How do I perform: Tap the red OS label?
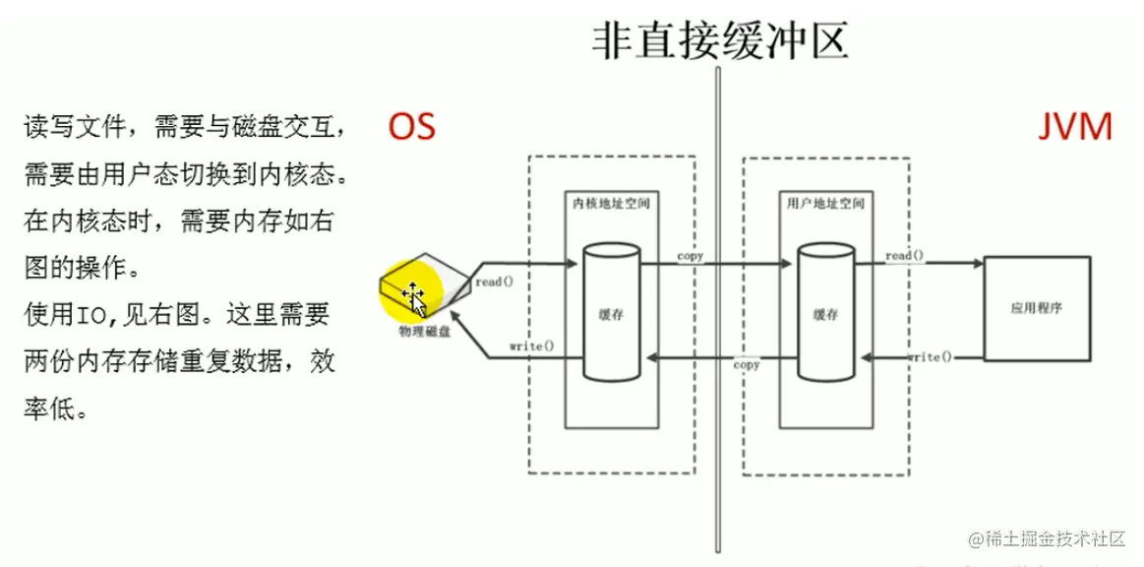coord(411,127)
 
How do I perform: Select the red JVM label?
coord(1075,127)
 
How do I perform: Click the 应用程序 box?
coord(1036,307)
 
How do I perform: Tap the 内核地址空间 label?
coord(611,204)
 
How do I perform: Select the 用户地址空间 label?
coord(825,204)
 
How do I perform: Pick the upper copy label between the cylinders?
coord(691,256)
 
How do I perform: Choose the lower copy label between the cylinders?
coord(747,364)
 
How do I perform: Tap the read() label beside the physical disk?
coord(495,283)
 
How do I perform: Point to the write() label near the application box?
coord(930,356)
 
